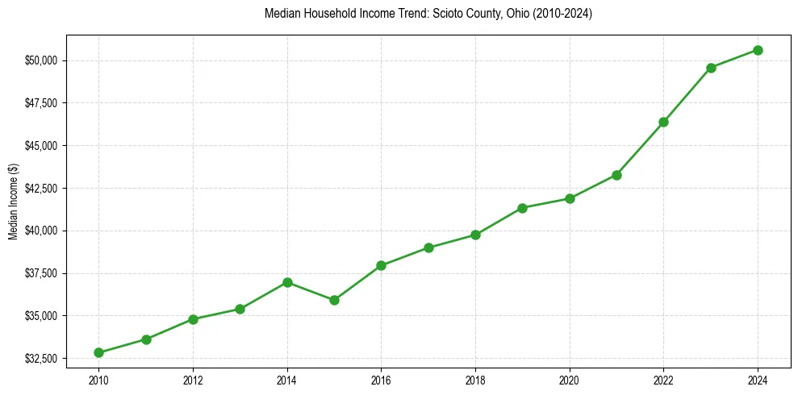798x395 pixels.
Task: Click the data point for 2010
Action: coord(98,352)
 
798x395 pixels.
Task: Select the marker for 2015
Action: coord(334,300)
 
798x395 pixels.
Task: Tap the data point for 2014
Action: coord(287,282)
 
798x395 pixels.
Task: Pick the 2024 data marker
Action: coord(758,50)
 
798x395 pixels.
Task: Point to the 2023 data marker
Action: coord(711,68)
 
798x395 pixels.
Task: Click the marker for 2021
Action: coord(616,175)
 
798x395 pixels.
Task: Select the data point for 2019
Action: coord(522,208)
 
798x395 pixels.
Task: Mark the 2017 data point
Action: coord(428,247)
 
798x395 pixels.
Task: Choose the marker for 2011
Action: coord(146,339)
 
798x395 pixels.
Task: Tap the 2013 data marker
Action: coord(240,309)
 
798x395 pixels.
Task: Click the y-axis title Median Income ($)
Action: coord(12,201)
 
